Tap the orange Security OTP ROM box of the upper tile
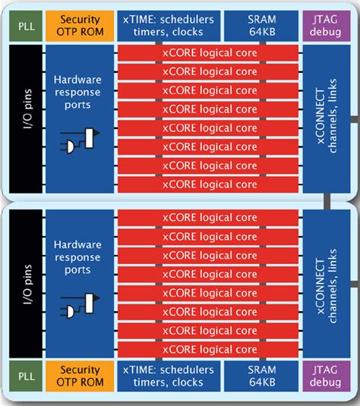click(78, 26)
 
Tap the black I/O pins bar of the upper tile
click(25, 120)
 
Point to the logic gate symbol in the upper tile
click(80, 141)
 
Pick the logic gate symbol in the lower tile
click(80, 307)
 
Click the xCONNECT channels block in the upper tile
click(326, 120)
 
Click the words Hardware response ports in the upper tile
click(78, 91)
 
